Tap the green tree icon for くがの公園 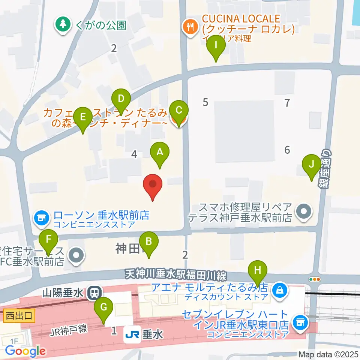coord(63,25)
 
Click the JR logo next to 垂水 coord(132,333)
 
